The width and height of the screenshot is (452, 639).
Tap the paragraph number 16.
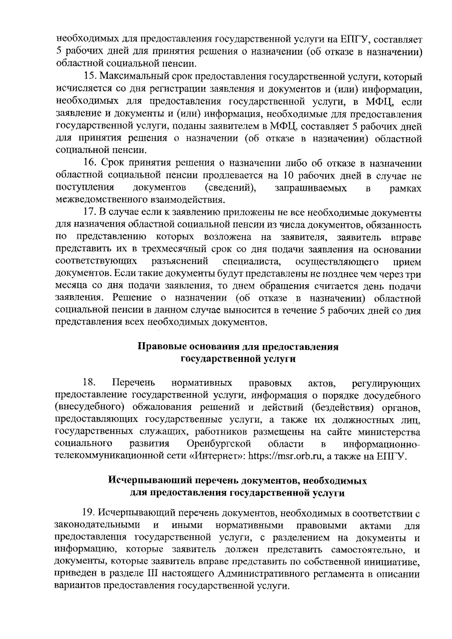(90, 164)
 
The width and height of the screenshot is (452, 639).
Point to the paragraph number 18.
(89, 383)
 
